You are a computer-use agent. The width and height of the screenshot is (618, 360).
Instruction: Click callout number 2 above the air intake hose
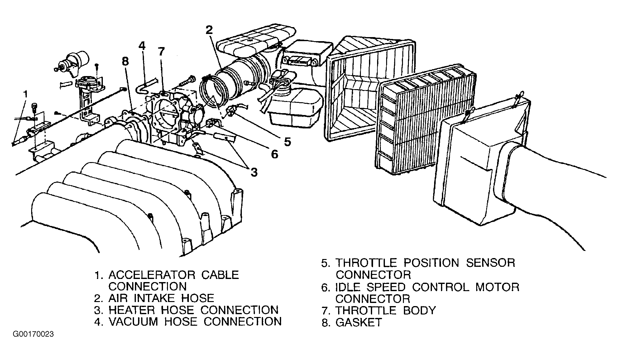209,30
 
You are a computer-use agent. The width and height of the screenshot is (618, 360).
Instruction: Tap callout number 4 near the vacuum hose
142,46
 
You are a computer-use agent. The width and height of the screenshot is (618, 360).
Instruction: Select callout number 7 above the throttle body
161,52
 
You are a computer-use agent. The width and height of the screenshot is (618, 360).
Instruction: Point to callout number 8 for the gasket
125,61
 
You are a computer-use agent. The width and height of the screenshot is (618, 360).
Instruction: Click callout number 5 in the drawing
287,142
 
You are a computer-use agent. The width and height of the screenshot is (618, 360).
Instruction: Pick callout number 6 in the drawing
274,154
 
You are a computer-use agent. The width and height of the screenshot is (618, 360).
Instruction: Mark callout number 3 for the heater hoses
254,172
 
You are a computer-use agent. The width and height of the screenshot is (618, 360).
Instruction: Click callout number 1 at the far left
26,94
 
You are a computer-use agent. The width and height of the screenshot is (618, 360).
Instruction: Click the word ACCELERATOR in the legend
151,275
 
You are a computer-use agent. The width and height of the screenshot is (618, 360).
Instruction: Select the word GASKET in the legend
358,322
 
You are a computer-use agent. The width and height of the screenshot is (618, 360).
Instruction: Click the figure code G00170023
33,334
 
